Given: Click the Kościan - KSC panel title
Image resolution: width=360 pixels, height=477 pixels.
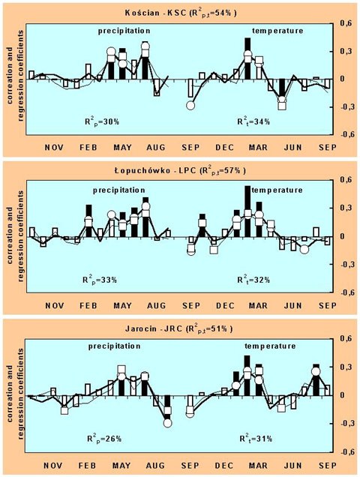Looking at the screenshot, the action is (181, 13).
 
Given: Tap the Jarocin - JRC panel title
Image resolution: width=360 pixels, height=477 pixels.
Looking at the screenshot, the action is (179, 328).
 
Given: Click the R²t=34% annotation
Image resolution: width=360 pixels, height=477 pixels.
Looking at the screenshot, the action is (253, 122).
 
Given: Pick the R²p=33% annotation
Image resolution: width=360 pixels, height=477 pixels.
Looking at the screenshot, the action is (100, 280).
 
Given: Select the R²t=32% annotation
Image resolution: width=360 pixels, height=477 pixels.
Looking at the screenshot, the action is (253, 280).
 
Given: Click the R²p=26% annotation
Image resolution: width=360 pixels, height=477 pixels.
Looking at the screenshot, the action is (103, 439).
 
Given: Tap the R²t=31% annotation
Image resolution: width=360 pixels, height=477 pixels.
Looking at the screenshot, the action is (256, 439).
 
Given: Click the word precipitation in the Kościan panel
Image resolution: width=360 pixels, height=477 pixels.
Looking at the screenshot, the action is (124, 31).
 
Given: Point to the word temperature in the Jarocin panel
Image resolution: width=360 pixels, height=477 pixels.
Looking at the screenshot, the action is (270, 346).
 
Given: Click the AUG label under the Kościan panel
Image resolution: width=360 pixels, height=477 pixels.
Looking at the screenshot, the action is (156, 148).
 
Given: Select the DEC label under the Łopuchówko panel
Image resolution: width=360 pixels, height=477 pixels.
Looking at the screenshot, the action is (225, 305).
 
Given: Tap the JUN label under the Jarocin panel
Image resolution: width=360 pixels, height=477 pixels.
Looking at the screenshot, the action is (292, 466).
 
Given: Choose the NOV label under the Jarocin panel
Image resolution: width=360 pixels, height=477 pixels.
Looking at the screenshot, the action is (53, 466).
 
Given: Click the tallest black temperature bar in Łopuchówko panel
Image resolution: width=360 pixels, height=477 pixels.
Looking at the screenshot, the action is (247, 211).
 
